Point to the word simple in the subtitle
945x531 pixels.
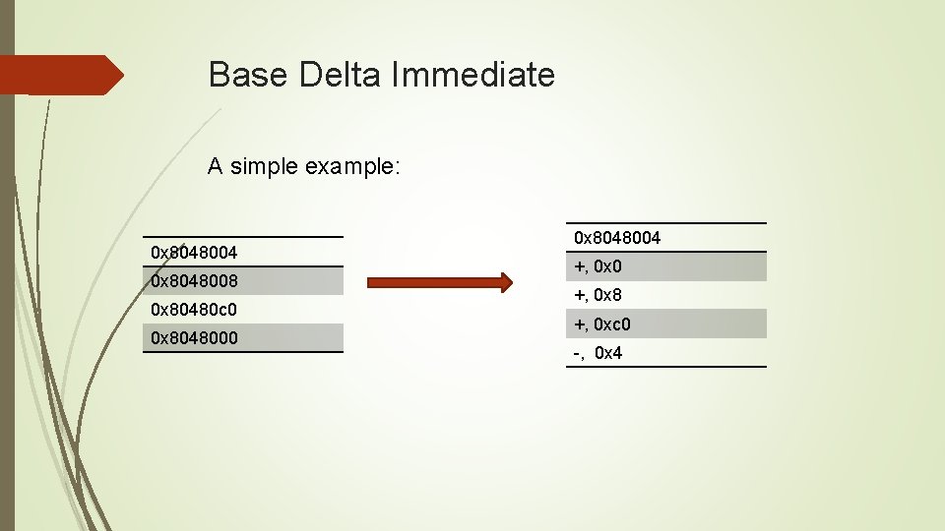point(264,167)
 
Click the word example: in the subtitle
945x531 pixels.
point(352,167)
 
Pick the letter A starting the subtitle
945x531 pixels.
point(215,167)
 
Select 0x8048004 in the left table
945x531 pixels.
point(194,253)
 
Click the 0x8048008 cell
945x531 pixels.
point(194,281)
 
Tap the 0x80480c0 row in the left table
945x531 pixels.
point(194,310)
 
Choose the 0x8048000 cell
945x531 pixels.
point(194,338)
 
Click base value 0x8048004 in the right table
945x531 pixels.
point(617,238)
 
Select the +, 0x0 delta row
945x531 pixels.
point(598,266)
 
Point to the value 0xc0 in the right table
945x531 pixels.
point(612,324)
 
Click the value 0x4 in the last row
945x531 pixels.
point(608,353)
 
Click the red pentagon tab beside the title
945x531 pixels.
point(59,75)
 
